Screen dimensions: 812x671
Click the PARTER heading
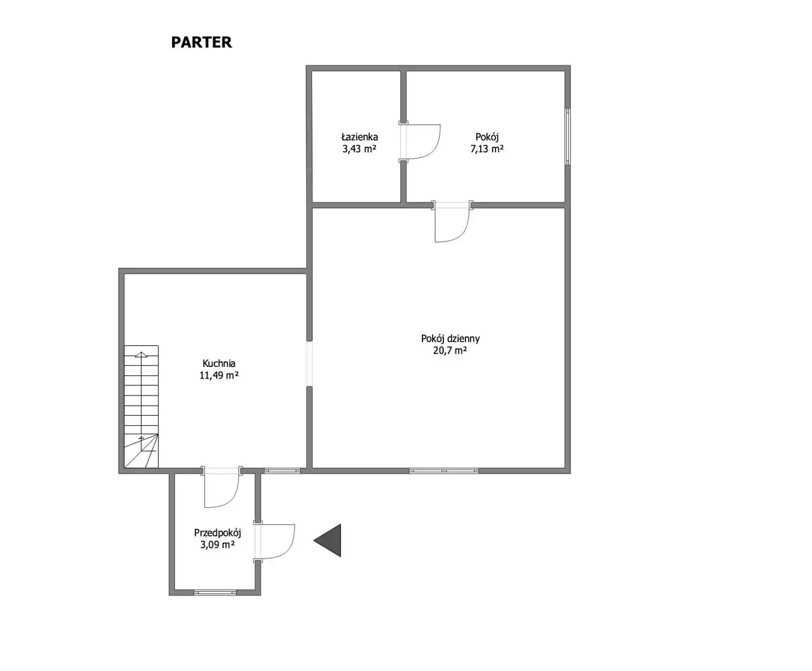(202, 42)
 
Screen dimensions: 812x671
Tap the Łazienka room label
(359, 136)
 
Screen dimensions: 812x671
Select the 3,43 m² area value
(359, 149)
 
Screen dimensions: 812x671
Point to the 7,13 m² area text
(487, 149)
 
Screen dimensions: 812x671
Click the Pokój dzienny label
(450, 338)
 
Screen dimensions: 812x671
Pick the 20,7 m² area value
(450, 350)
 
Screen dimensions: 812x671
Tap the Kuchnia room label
(219, 363)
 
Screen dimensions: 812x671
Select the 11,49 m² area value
(219, 375)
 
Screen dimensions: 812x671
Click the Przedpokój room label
(218, 533)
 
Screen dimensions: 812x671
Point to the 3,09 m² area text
(218, 545)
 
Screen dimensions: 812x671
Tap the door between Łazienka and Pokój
(420, 142)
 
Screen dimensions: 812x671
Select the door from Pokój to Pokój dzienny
(452, 222)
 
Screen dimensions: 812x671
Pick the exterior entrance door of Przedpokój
(274, 541)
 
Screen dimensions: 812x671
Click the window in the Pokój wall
(568, 136)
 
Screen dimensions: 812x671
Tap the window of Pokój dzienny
(443, 470)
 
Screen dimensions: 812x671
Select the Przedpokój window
(215, 592)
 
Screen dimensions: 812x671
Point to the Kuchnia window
(282, 470)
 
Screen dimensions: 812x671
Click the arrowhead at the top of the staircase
(141, 354)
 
